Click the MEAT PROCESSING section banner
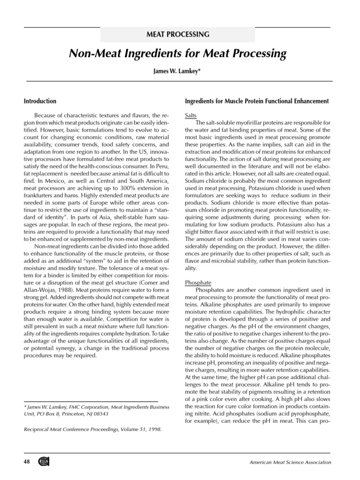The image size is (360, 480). [x=178, y=35]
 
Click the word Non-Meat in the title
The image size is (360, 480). [x=92, y=54]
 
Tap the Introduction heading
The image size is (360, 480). [x=40, y=101]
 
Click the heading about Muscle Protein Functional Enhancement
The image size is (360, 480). [x=257, y=101]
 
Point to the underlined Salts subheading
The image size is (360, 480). [x=191, y=115]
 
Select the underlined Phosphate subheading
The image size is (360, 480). [x=198, y=283]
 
